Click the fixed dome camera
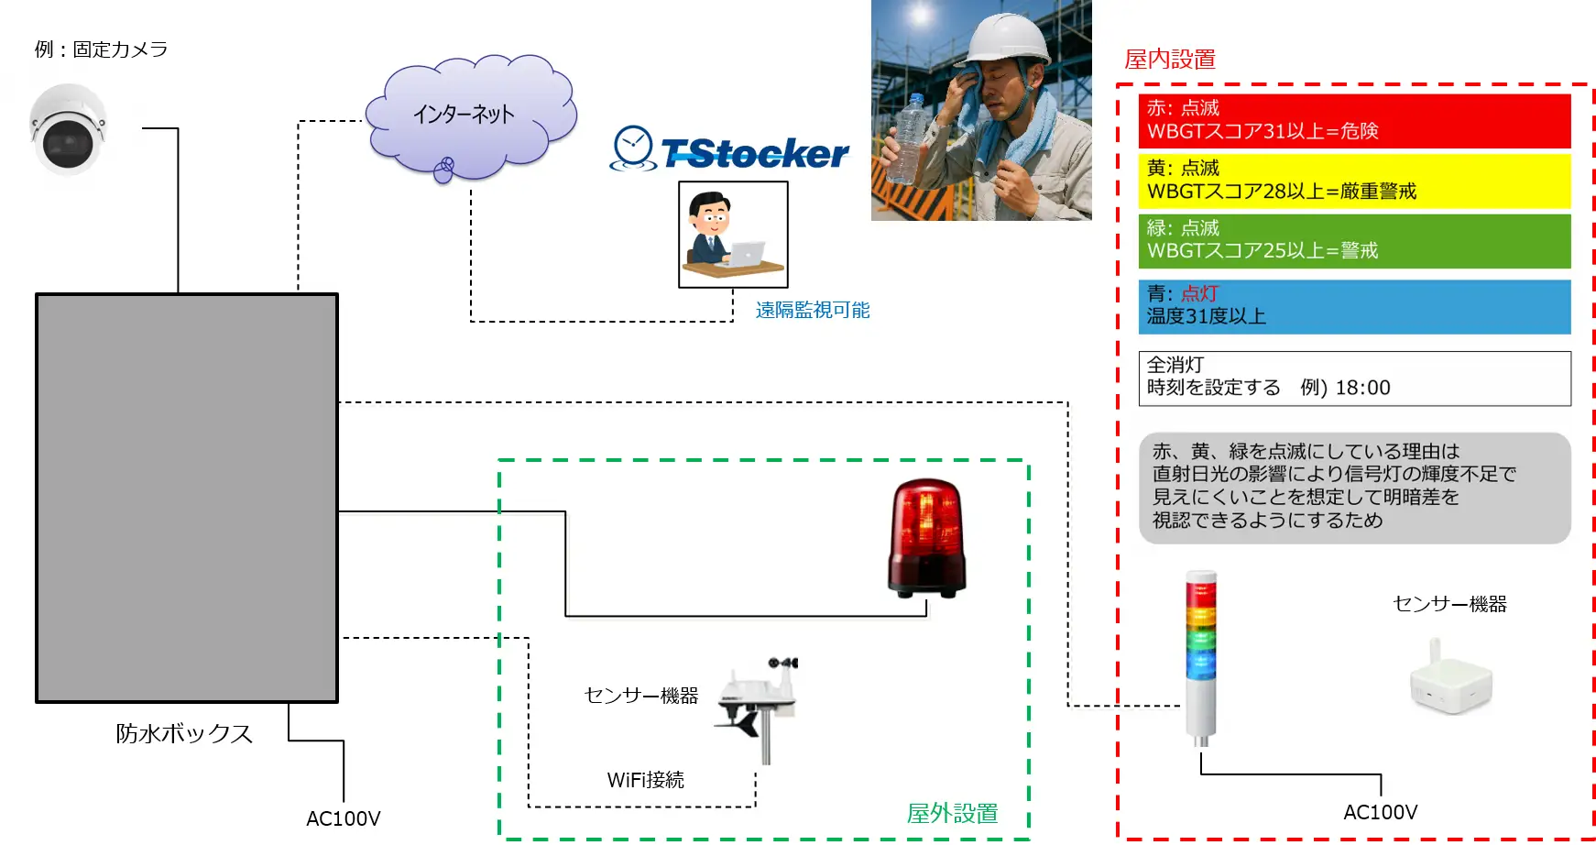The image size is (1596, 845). pyautogui.click(x=68, y=129)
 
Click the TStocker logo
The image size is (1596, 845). pyautogui.click(x=730, y=151)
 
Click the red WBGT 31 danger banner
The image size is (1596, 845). pyautogui.click(x=1353, y=121)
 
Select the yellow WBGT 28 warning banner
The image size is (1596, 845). pyautogui.click(x=1353, y=181)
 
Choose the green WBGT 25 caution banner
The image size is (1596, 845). pyautogui.click(x=1353, y=240)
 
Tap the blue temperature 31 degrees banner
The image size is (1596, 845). pyautogui.click(x=1353, y=306)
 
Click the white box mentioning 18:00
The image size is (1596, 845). pyautogui.click(x=1353, y=378)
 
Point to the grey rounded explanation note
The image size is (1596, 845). pyautogui.click(x=1353, y=487)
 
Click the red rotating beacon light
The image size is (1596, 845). pyautogui.click(x=926, y=538)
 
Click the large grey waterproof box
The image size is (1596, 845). pyautogui.click(x=187, y=498)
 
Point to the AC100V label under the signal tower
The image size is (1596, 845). pyautogui.click(x=1380, y=812)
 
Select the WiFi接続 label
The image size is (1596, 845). pyautogui.click(x=645, y=780)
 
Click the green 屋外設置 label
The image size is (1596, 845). pyautogui.click(x=952, y=813)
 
